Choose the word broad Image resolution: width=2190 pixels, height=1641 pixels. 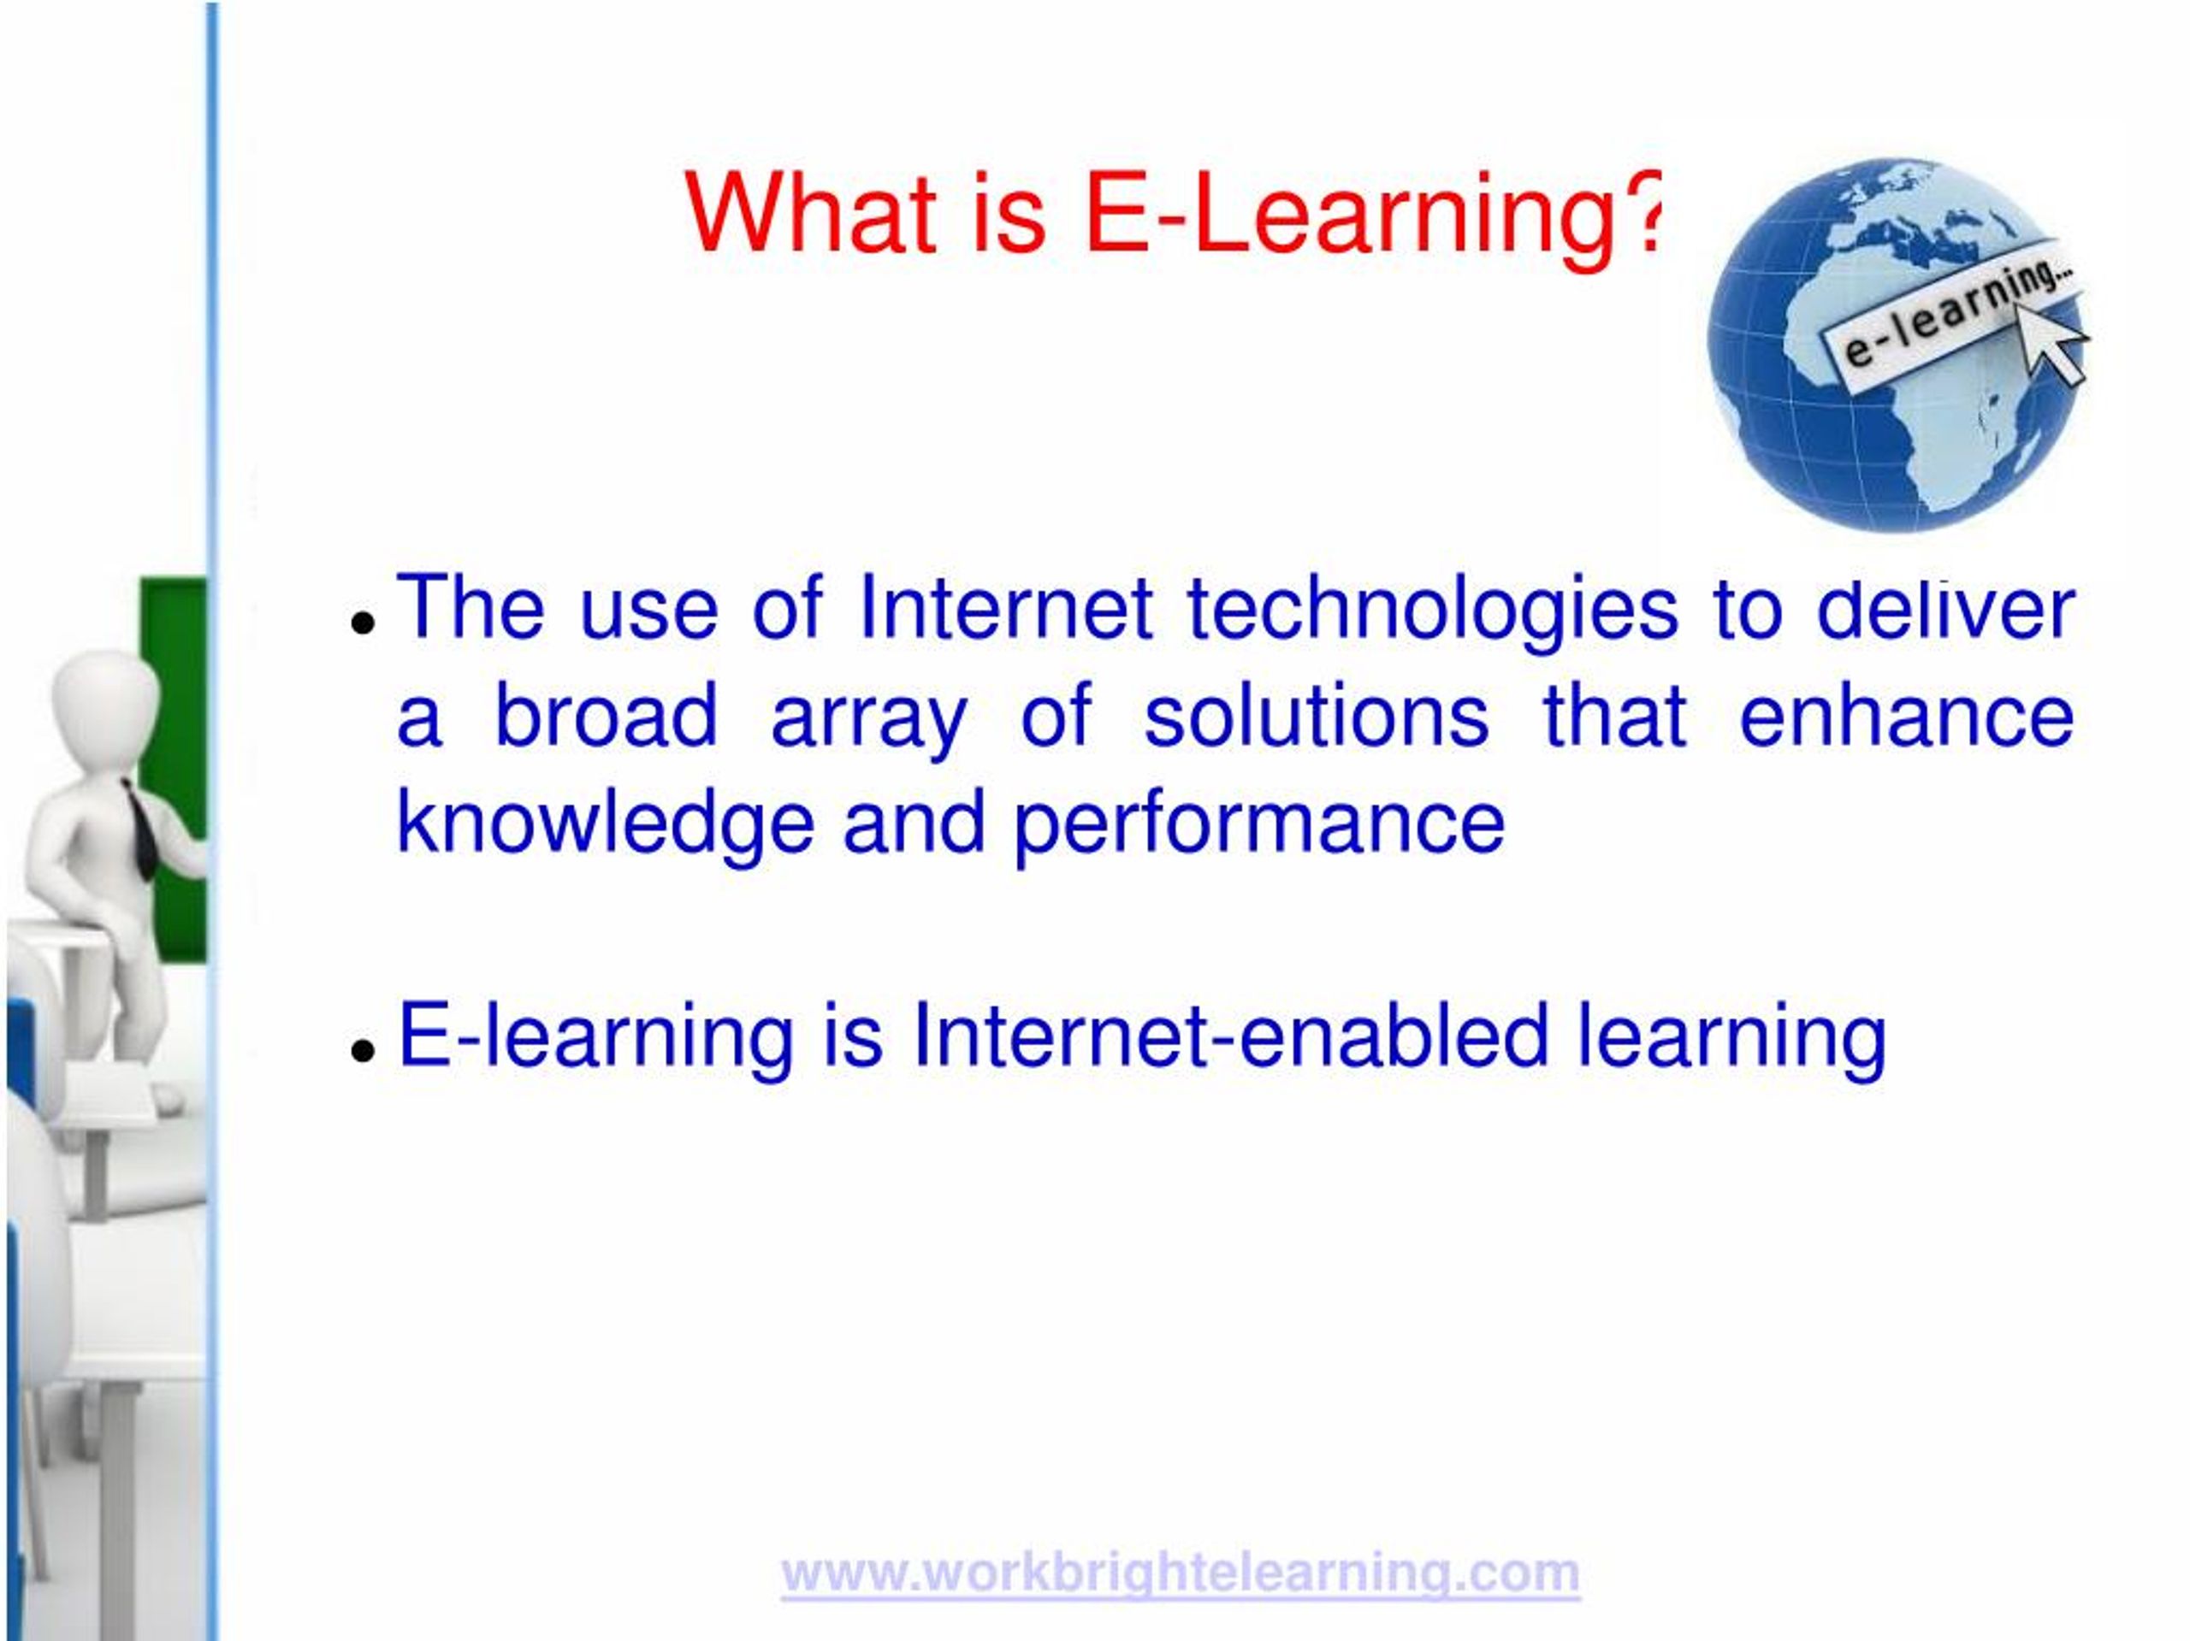pos(606,715)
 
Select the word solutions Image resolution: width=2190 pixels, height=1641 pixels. pos(1316,715)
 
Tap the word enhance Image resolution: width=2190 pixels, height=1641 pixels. pos(1906,715)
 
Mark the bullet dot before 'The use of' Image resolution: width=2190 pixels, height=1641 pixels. pos(364,623)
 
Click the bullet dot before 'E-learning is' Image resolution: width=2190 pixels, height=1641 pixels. pos(364,1049)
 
